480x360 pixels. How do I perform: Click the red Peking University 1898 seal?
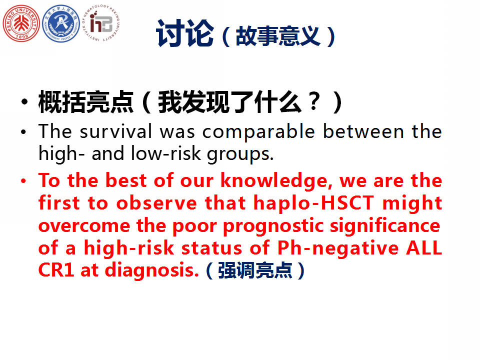21,23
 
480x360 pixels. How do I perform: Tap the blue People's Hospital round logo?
61,23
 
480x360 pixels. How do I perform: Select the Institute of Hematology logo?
100,23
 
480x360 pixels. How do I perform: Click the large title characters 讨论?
184,33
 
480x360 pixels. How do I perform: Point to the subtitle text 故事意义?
278,36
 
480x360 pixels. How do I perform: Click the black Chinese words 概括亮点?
86,102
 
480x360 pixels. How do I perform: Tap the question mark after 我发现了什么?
314,101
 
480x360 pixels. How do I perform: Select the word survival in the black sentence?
115,131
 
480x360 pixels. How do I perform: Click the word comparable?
258,132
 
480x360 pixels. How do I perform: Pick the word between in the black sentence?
363,131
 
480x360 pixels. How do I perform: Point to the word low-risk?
166,153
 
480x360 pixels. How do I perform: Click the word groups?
240,154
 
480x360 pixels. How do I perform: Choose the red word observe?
156,203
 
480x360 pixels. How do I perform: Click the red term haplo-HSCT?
314,203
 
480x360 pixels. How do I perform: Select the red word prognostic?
273,226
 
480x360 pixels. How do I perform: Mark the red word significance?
385,226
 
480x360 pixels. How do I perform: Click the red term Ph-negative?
338,248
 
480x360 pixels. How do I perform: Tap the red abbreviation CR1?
56,270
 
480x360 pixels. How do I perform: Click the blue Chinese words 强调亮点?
254,270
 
